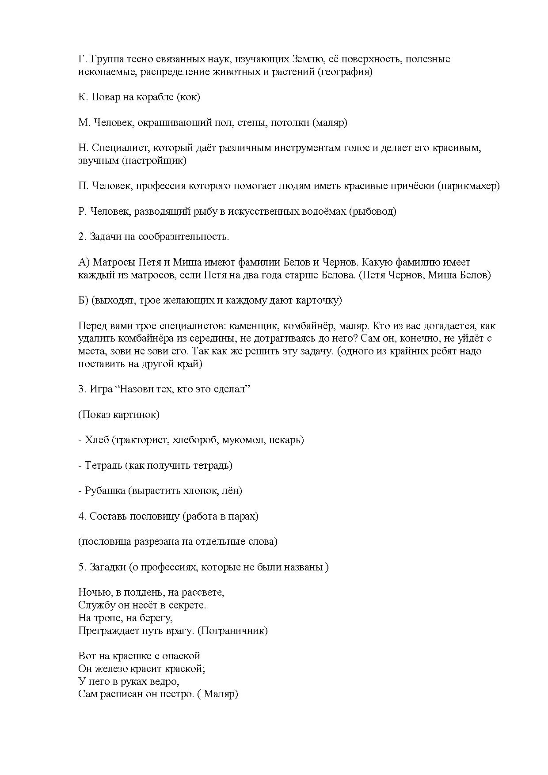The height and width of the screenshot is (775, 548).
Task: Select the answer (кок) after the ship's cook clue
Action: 188,97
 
